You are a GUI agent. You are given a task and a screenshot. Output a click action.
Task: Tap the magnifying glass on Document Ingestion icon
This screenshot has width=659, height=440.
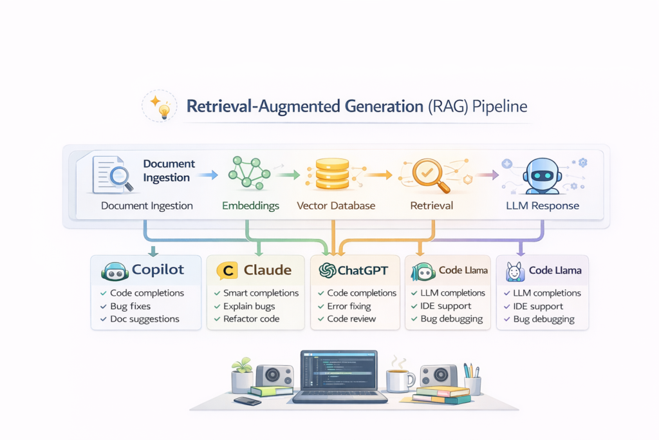point(120,178)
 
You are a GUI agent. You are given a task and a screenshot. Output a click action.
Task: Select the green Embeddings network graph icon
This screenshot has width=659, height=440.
point(247,173)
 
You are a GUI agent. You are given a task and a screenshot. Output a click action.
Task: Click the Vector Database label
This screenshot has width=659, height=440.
point(336,206)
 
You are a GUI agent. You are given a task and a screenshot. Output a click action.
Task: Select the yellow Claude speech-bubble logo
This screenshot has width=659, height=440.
point(227,271)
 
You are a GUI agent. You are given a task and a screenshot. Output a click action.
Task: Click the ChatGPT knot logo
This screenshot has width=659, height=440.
point(327,271)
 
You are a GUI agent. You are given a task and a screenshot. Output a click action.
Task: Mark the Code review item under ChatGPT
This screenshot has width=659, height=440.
point(351,319)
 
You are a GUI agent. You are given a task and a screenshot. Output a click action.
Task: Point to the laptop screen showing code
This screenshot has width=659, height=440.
point(339,373)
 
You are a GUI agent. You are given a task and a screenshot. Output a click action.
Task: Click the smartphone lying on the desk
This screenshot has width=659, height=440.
point(247,401)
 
